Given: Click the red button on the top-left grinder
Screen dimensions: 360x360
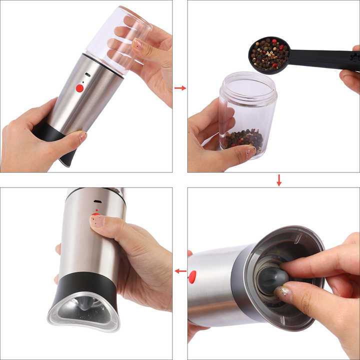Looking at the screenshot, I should click(79, 88).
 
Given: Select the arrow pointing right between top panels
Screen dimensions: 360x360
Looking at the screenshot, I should click(180, 88).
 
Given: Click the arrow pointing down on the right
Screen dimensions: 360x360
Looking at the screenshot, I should click(279, 180).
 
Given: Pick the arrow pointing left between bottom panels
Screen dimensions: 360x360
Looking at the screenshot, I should click(180, 271).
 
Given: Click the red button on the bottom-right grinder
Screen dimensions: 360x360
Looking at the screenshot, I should click(192, 276).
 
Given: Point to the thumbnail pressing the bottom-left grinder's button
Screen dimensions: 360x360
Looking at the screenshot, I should click(97, 220).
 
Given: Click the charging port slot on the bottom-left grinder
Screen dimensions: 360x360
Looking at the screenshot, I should click(97, 202).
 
